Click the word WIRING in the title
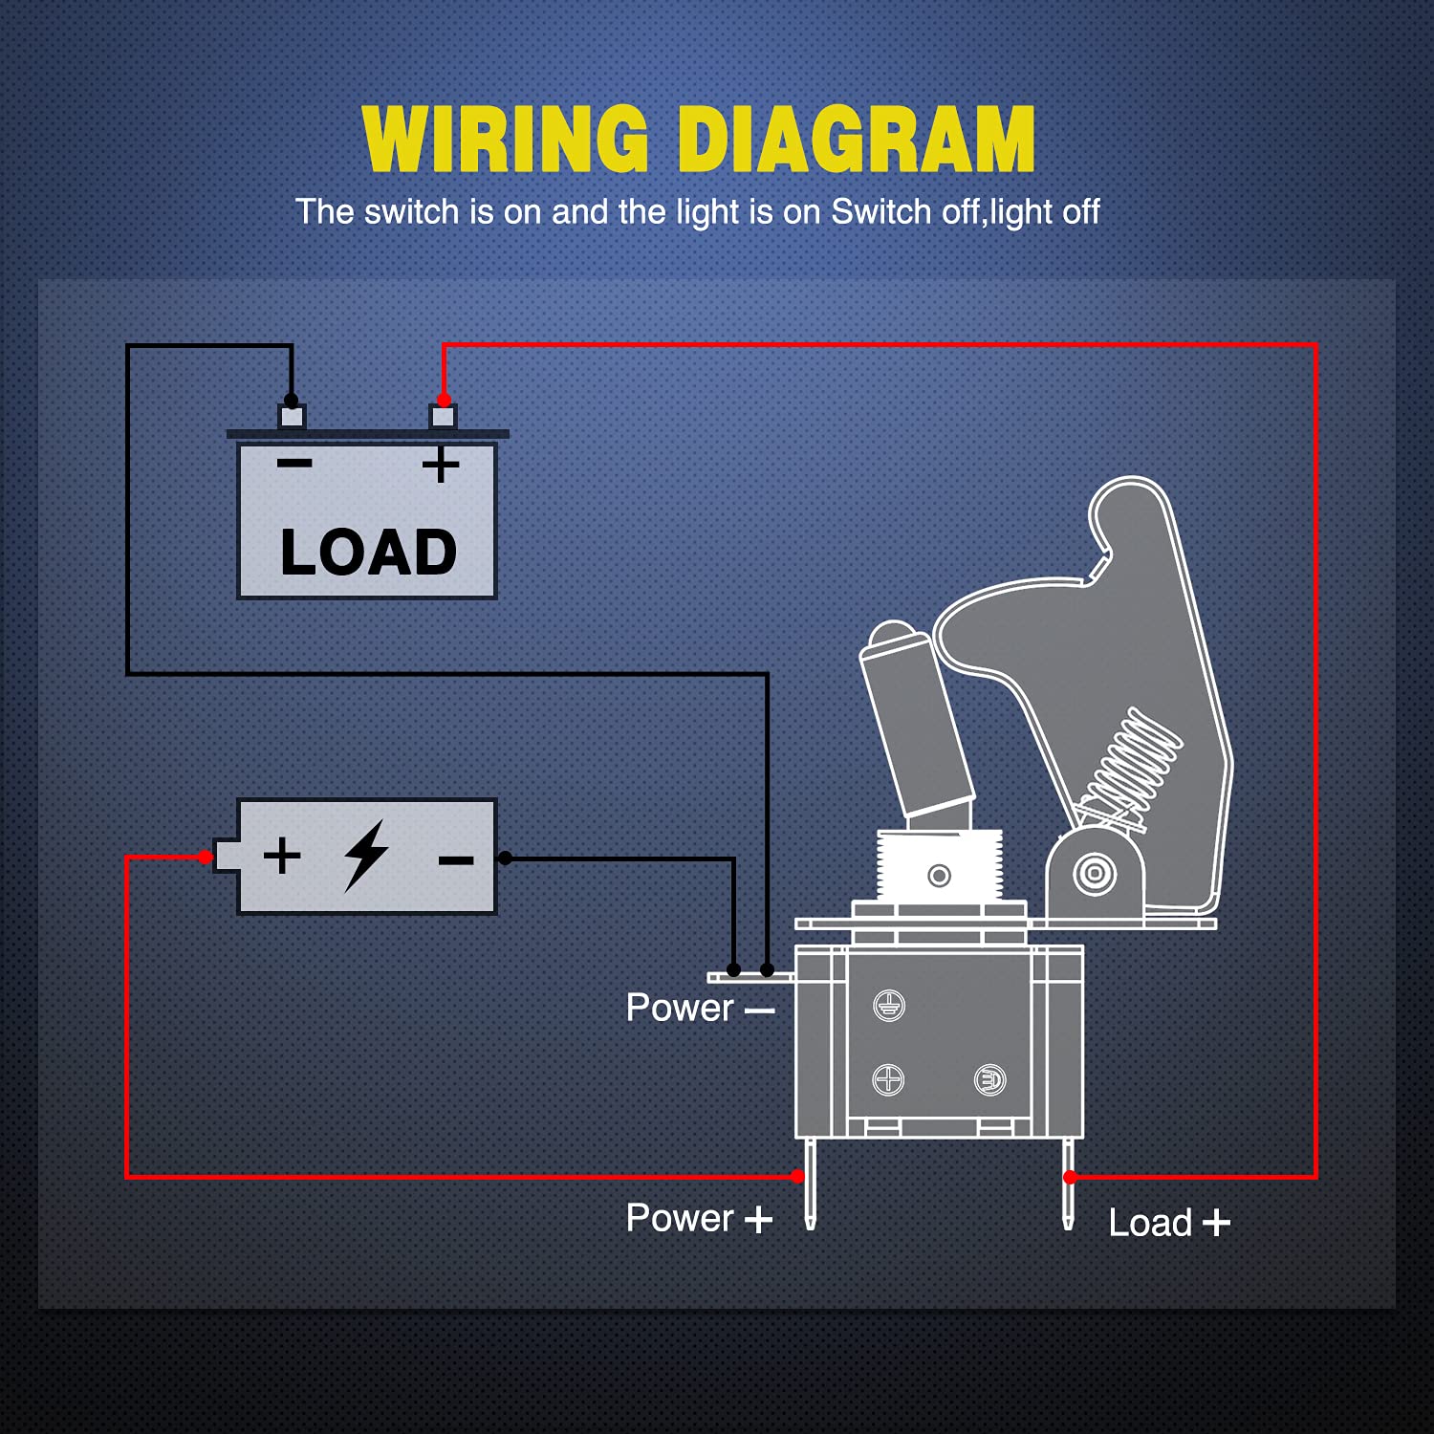pos(505,140)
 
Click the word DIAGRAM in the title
pos(857,140)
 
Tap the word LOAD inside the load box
pos(368,553)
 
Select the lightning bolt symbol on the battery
pos(365,855)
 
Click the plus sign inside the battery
pos(282,855)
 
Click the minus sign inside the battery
pos(456,860)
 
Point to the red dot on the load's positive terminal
pos(444,400)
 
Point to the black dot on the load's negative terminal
pos(292,400)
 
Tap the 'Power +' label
pos(698,1218)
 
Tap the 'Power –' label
pos(699,1008)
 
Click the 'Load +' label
pos(1168,1223)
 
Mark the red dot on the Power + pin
pos(798,1177)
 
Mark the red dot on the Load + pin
pos(1070,1177)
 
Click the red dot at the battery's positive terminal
pos(206,858)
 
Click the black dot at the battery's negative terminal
pos(505,858)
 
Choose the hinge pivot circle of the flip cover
pos(1095,873)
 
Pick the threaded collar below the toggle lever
pos(939,865)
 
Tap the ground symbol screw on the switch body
pos(889,1006)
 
